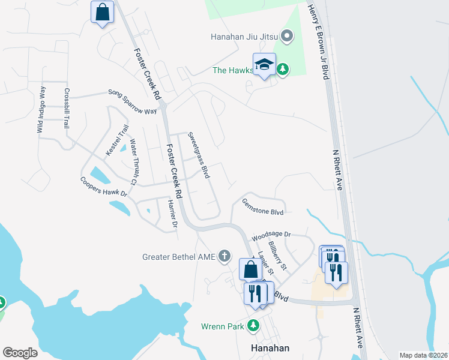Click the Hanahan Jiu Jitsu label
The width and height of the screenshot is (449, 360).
click(x=243, y=37)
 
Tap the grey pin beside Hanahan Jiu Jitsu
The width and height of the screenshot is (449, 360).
click(x=286, y=37)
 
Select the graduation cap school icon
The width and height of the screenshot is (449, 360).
click(x=264, y=65)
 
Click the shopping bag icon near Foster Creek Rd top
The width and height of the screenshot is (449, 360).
click(x=102, y=12)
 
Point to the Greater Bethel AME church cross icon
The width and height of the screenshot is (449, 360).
click(x=224, y=257)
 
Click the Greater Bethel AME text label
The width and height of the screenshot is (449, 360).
click(x=178, y=257)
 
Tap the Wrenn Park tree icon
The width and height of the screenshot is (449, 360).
click(x=253, y=326)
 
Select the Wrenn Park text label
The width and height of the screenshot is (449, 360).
click(x=223, y=327)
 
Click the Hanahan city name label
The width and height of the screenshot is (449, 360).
click(x=270, y=348)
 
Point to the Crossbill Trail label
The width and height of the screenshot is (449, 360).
click(x=67, y=108)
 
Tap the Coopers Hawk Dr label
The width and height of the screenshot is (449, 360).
click(x=104, y=187)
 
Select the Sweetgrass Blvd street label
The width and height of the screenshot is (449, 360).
click(x=198, y=155)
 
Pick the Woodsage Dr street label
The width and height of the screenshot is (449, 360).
click(x=271, y=235)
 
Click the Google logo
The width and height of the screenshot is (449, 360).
click(x=20, y=353)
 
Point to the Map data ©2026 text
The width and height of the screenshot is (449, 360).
click(x=423, y=355)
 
